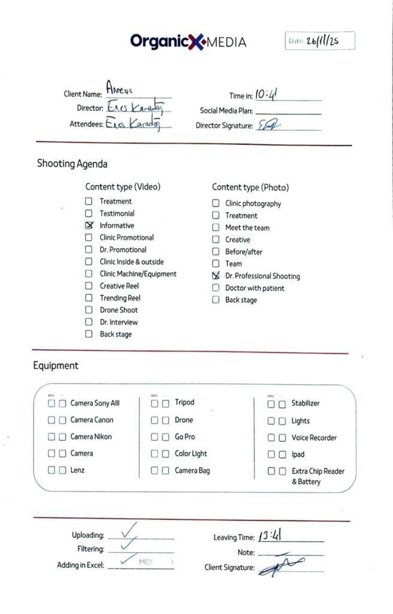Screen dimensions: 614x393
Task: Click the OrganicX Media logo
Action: (188, 41)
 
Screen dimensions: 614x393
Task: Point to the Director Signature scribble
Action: (269, 125)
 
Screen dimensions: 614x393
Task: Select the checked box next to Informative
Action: (89, 225)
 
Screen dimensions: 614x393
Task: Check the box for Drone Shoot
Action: (89, 310)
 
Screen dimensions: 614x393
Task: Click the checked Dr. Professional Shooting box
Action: (216, 276)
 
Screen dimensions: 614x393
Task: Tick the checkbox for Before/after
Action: (216, 252)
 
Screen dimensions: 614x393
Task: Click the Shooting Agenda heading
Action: (72, 164)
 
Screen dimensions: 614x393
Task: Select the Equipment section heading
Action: (55, 366)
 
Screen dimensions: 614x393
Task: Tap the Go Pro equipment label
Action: (185, 437)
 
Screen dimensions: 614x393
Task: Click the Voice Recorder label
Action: (314, 438)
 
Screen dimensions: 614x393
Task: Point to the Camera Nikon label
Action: (91, 437)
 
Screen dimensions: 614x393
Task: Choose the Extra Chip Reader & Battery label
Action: (318, 477)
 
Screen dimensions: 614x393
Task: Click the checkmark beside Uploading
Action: (129, 530)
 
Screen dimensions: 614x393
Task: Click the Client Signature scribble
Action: (282, 567)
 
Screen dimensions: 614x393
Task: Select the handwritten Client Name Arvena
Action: (119, 88)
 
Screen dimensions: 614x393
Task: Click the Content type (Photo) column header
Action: (250, 188)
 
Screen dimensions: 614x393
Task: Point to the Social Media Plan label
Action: (226, 111)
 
